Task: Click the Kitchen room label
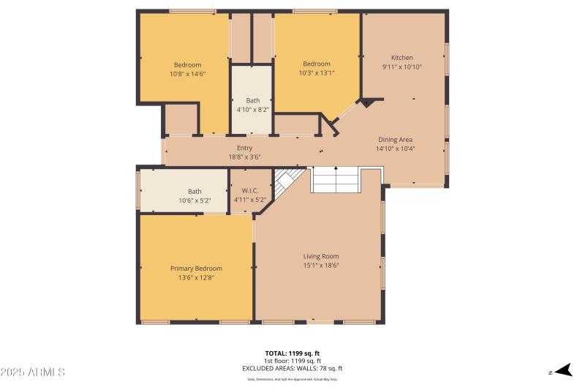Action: (x=401, y=58)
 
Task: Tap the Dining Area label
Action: (x=395, y=140)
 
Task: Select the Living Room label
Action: (x=321, y=256)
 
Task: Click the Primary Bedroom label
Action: (x=196, y=269)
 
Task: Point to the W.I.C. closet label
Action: (x=250, y=190)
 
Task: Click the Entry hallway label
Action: (x=244, y=148)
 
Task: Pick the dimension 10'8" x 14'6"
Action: (x=187, y=73)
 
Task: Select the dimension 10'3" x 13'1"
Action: (x=317, y=72)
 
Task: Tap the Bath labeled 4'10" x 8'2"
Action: (x=252, y=100)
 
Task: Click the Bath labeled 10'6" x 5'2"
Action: (x=195, y=192)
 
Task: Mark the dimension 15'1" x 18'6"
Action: (x=321, y=265)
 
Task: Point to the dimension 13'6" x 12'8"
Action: (x=196, y=277)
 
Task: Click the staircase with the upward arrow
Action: (x=336, y=179)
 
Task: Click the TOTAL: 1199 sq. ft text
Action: (x=292, y=353)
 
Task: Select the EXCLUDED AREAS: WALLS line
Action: (x=292, y=369)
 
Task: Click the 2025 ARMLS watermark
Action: (x=33, y=372)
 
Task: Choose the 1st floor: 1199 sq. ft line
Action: (x=292, y=361)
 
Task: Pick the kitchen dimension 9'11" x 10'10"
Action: (x=401, y=67)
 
